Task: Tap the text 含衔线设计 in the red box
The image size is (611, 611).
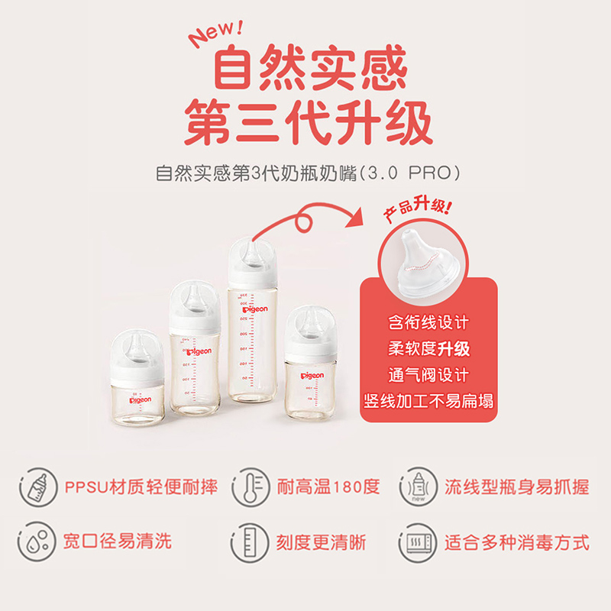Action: tap(428, 324)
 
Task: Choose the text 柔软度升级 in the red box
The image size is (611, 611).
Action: tap(428, 350)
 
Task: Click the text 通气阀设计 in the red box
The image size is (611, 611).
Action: tap(428, 375)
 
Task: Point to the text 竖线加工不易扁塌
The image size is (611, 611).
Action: tap(428, 401)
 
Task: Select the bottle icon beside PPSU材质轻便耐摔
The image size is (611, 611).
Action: tap(36, 487)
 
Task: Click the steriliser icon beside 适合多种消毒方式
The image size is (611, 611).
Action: tap(417, 542)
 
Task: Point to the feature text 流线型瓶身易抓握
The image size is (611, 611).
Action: tap(516, 487)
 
